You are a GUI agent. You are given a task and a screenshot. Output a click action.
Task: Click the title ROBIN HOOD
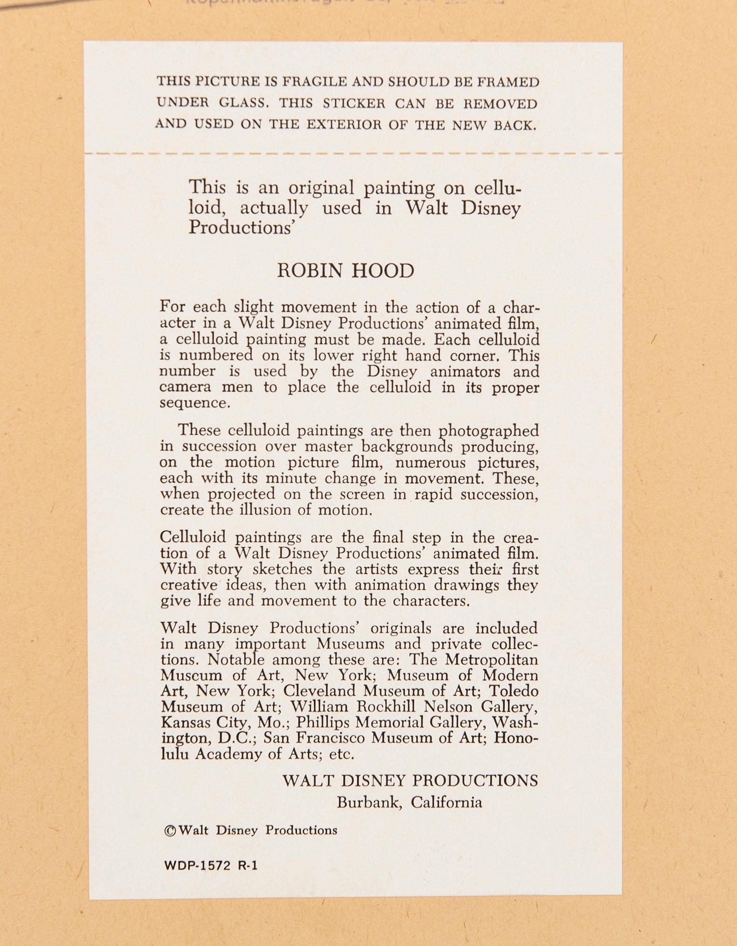tap(346, 271)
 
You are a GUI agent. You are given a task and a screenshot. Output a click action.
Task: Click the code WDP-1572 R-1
tap(210, 866)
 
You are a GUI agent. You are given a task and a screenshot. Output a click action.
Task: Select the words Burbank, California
tap(409, 803)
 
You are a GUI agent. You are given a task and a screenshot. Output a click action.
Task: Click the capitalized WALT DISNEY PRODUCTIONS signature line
tap(410, 780)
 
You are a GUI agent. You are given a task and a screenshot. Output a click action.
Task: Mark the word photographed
tap(489, 431)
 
